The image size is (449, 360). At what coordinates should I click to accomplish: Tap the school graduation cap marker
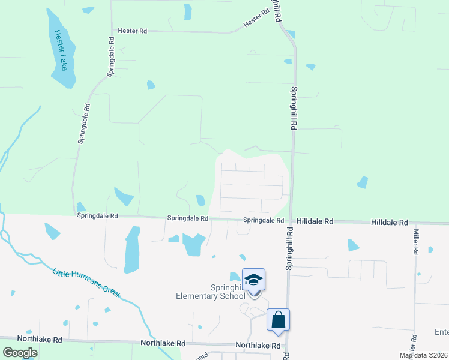254,280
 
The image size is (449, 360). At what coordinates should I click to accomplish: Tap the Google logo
20,353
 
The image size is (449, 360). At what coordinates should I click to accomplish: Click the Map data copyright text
424,355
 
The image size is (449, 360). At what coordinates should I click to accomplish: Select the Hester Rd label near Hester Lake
133,31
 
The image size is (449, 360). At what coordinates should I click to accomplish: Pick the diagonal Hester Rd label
256,18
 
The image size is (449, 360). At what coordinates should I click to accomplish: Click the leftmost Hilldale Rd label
315,221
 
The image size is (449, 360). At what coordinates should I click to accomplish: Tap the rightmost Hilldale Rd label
390,222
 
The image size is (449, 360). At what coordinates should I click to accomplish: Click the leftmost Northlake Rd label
40,340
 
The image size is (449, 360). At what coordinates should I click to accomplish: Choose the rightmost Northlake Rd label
258,346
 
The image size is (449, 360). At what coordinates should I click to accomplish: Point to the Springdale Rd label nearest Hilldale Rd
264,221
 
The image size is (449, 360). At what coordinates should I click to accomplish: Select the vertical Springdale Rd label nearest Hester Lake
110,56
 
